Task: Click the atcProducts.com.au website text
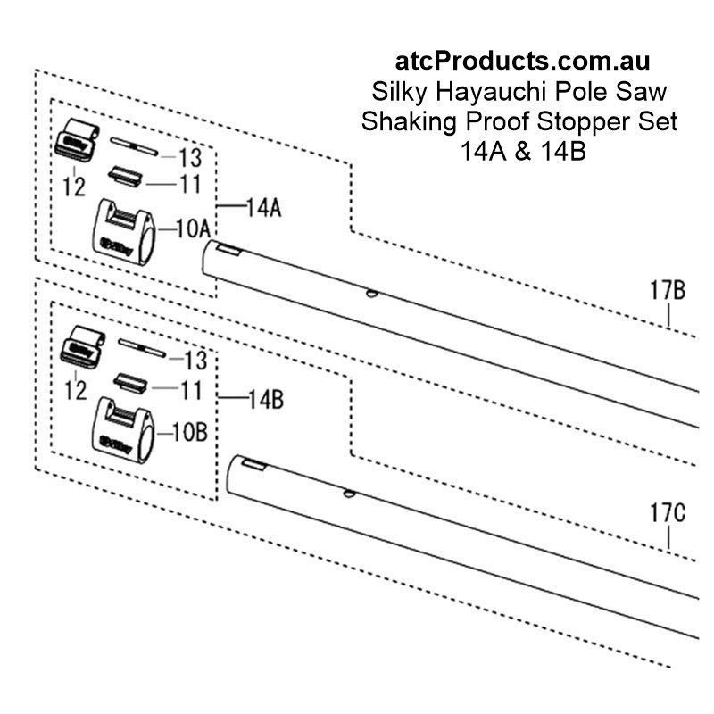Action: (x=522, y=62)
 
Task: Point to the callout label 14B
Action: (x=265, y=399)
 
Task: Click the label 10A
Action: (x=193, y=229)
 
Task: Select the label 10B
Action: (x=190, y=434)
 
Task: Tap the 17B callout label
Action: (x=667, y=291)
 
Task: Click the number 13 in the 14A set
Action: (x=190, y=159)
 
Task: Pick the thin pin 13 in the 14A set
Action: (x=134, y=142)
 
